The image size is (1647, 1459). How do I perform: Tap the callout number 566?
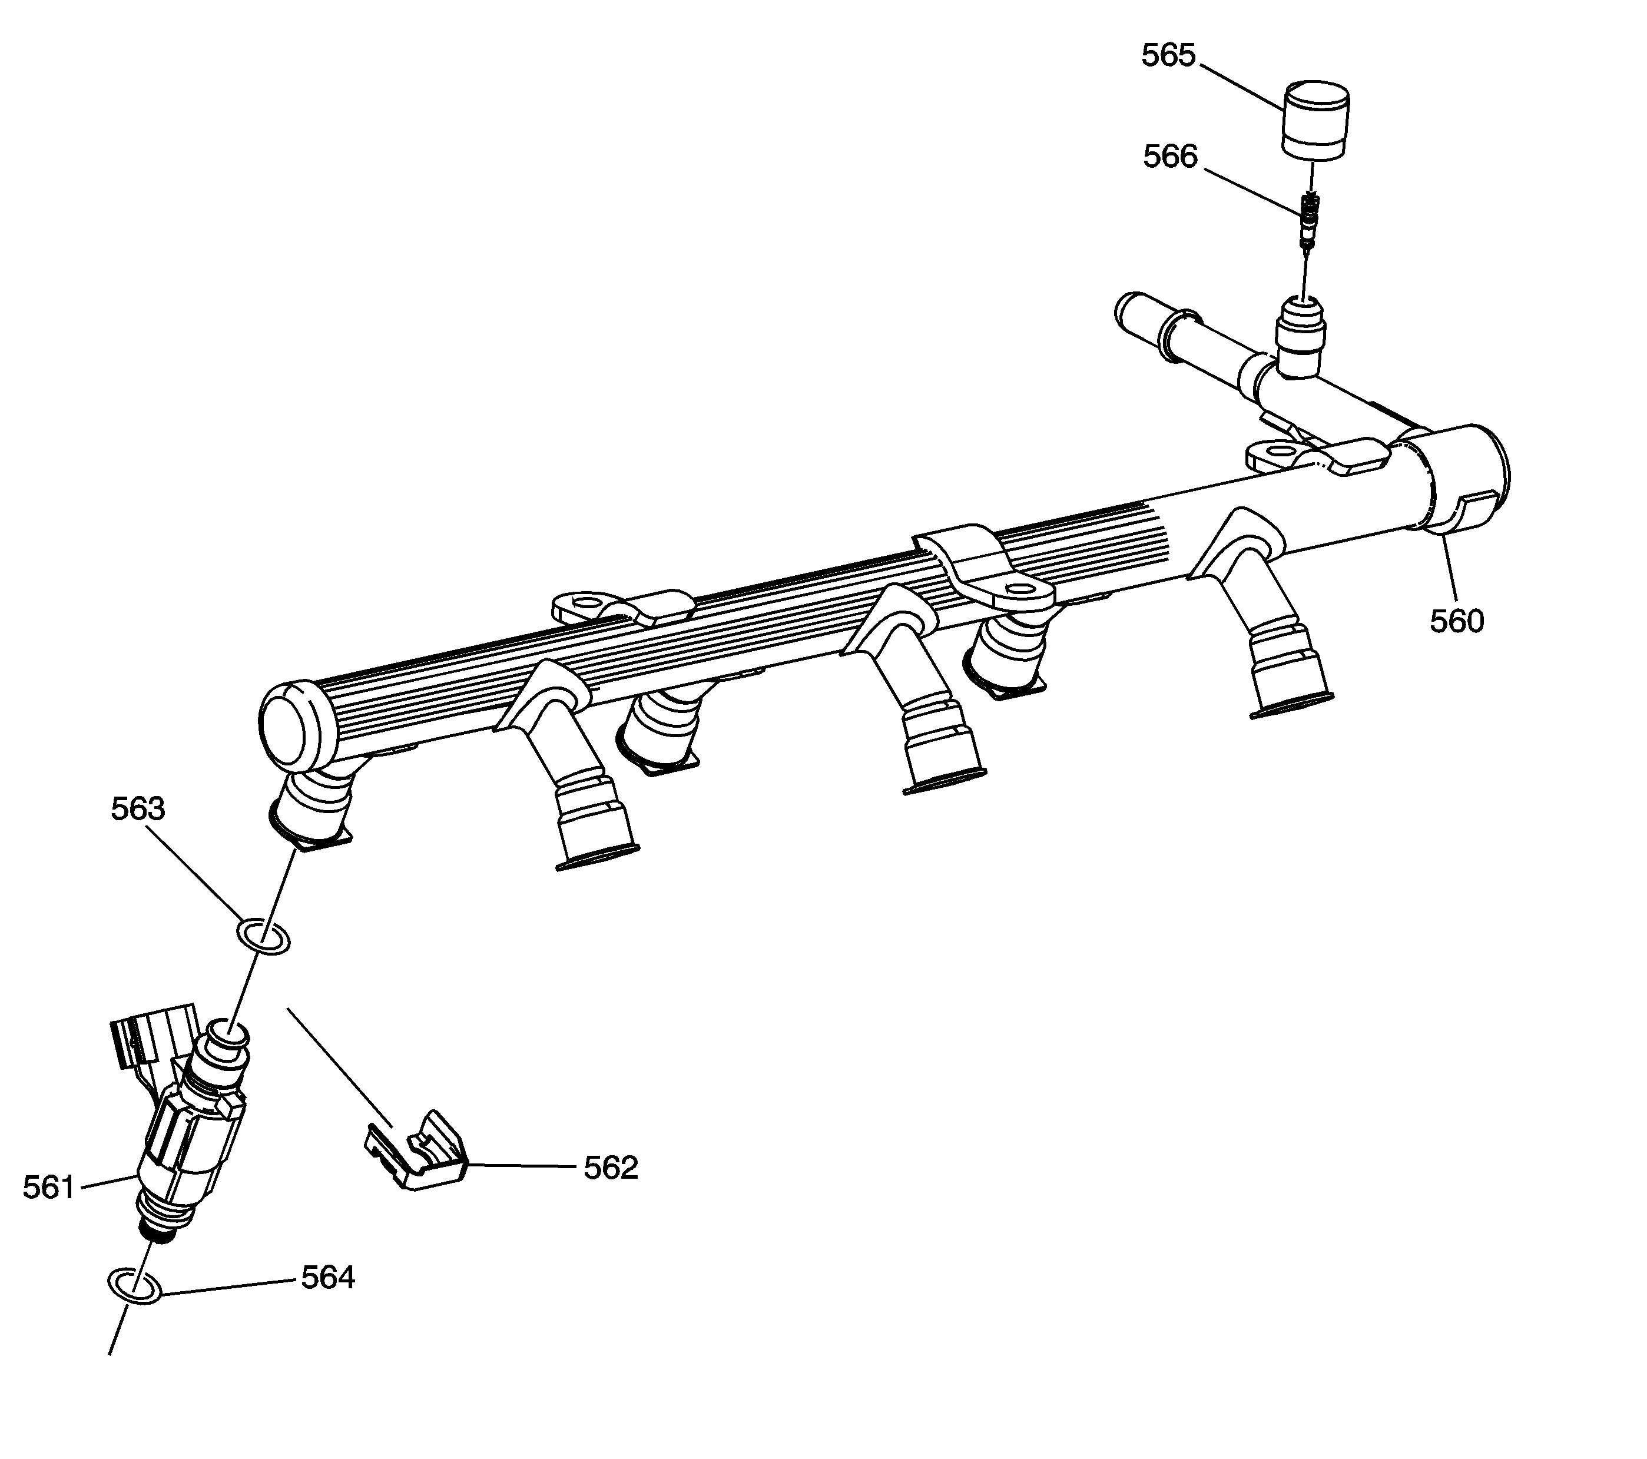click(x=1170, y=156)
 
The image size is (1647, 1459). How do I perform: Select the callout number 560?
click(x=1457, y=621)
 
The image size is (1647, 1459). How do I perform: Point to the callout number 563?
click(x=138, y=809)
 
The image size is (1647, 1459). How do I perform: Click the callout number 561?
click(x=49, y=1188)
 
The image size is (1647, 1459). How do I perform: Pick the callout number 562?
click(x=611, y=1168)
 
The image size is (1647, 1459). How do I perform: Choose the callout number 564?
click(x=328, y=1278)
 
